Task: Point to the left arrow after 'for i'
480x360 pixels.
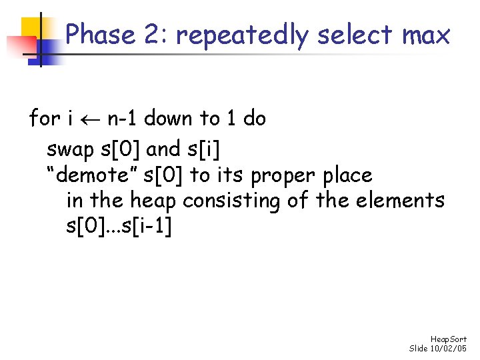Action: pyautogui.click(x=89, y=119)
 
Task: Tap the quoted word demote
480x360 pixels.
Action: pyautogui.click(x=93, y=175)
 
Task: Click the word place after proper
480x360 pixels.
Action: pyautogui.click(x=347, y=176)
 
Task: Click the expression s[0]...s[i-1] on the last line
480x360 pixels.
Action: pyautogui.click(x=119, y=227)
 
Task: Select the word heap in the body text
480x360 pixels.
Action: pyautogui.click(x=154, y=201)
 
